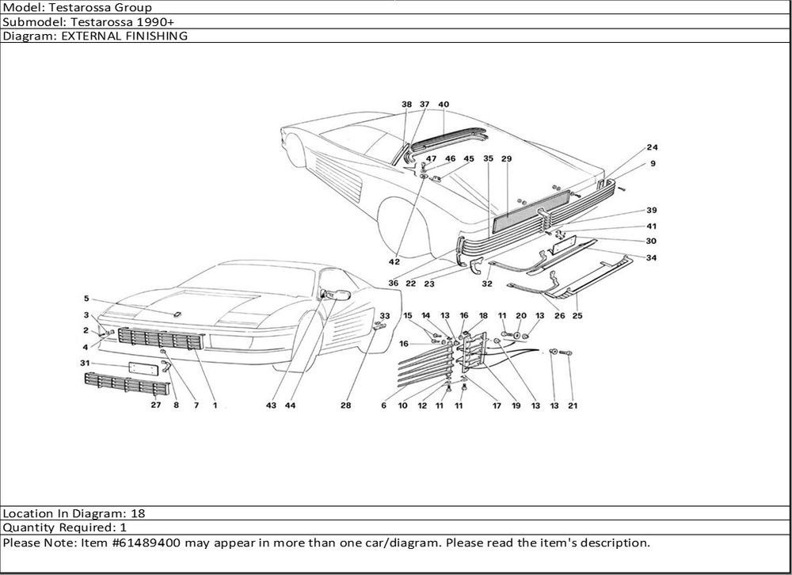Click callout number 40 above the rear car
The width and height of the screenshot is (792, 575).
[x=444, y=105]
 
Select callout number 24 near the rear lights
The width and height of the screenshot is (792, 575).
[x=652, y=148]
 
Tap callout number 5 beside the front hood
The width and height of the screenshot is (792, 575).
[x=86, y=299]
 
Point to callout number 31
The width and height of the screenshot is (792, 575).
[x=85, y=363]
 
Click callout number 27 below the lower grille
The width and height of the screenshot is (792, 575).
[x=156, y=405]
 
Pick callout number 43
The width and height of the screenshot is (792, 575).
[x=272, y=405]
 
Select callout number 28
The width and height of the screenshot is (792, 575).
[x=345, y=405]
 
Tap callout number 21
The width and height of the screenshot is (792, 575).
[x=572, y=406]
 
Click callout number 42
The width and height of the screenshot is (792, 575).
[x=394, y=261]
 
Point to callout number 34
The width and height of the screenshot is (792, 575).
[x=651, y=257]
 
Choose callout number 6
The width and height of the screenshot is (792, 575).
[x=383, y=406]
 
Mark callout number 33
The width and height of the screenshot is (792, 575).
[x=385, y=316]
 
